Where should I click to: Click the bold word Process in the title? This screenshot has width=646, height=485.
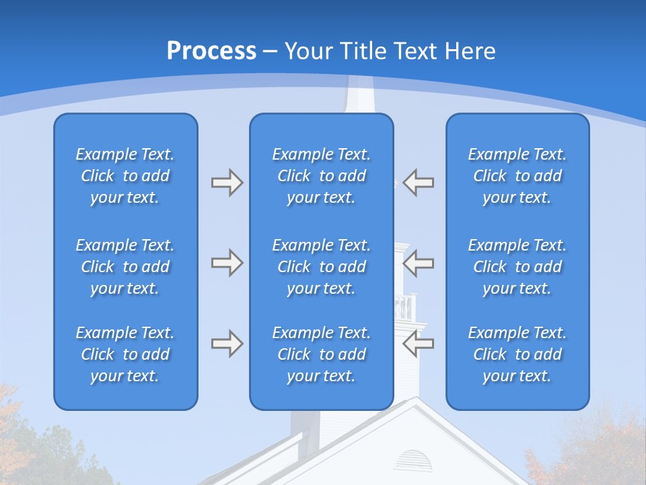coord(211,51)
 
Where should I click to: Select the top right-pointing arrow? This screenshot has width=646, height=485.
coord(227,183)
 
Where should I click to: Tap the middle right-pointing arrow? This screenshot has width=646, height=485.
coord(227,263)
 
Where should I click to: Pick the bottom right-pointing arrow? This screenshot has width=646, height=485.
coord(227,344)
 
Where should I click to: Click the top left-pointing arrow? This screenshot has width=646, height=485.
coord(419,183)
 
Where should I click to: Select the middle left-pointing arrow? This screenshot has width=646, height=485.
coord(419,263)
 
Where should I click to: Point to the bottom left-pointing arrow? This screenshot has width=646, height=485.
coord(419,344)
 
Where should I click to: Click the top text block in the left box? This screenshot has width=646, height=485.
coord(125,176)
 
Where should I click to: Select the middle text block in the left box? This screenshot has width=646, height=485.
coord(125,267)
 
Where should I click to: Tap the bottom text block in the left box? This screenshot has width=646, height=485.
coord(125,354)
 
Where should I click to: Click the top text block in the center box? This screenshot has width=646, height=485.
coord(321,176)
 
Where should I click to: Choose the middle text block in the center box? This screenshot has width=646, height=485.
coord(321,267)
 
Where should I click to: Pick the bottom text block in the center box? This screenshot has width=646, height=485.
coord(321,354)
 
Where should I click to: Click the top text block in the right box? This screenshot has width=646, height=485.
coord(517,176)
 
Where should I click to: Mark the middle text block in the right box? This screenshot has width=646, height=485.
coord(517,267)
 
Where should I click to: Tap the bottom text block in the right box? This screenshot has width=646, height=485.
coord(517,354)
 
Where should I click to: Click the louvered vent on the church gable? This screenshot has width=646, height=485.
coord(412,461)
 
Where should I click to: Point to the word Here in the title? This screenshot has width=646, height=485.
coord(470,51)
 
